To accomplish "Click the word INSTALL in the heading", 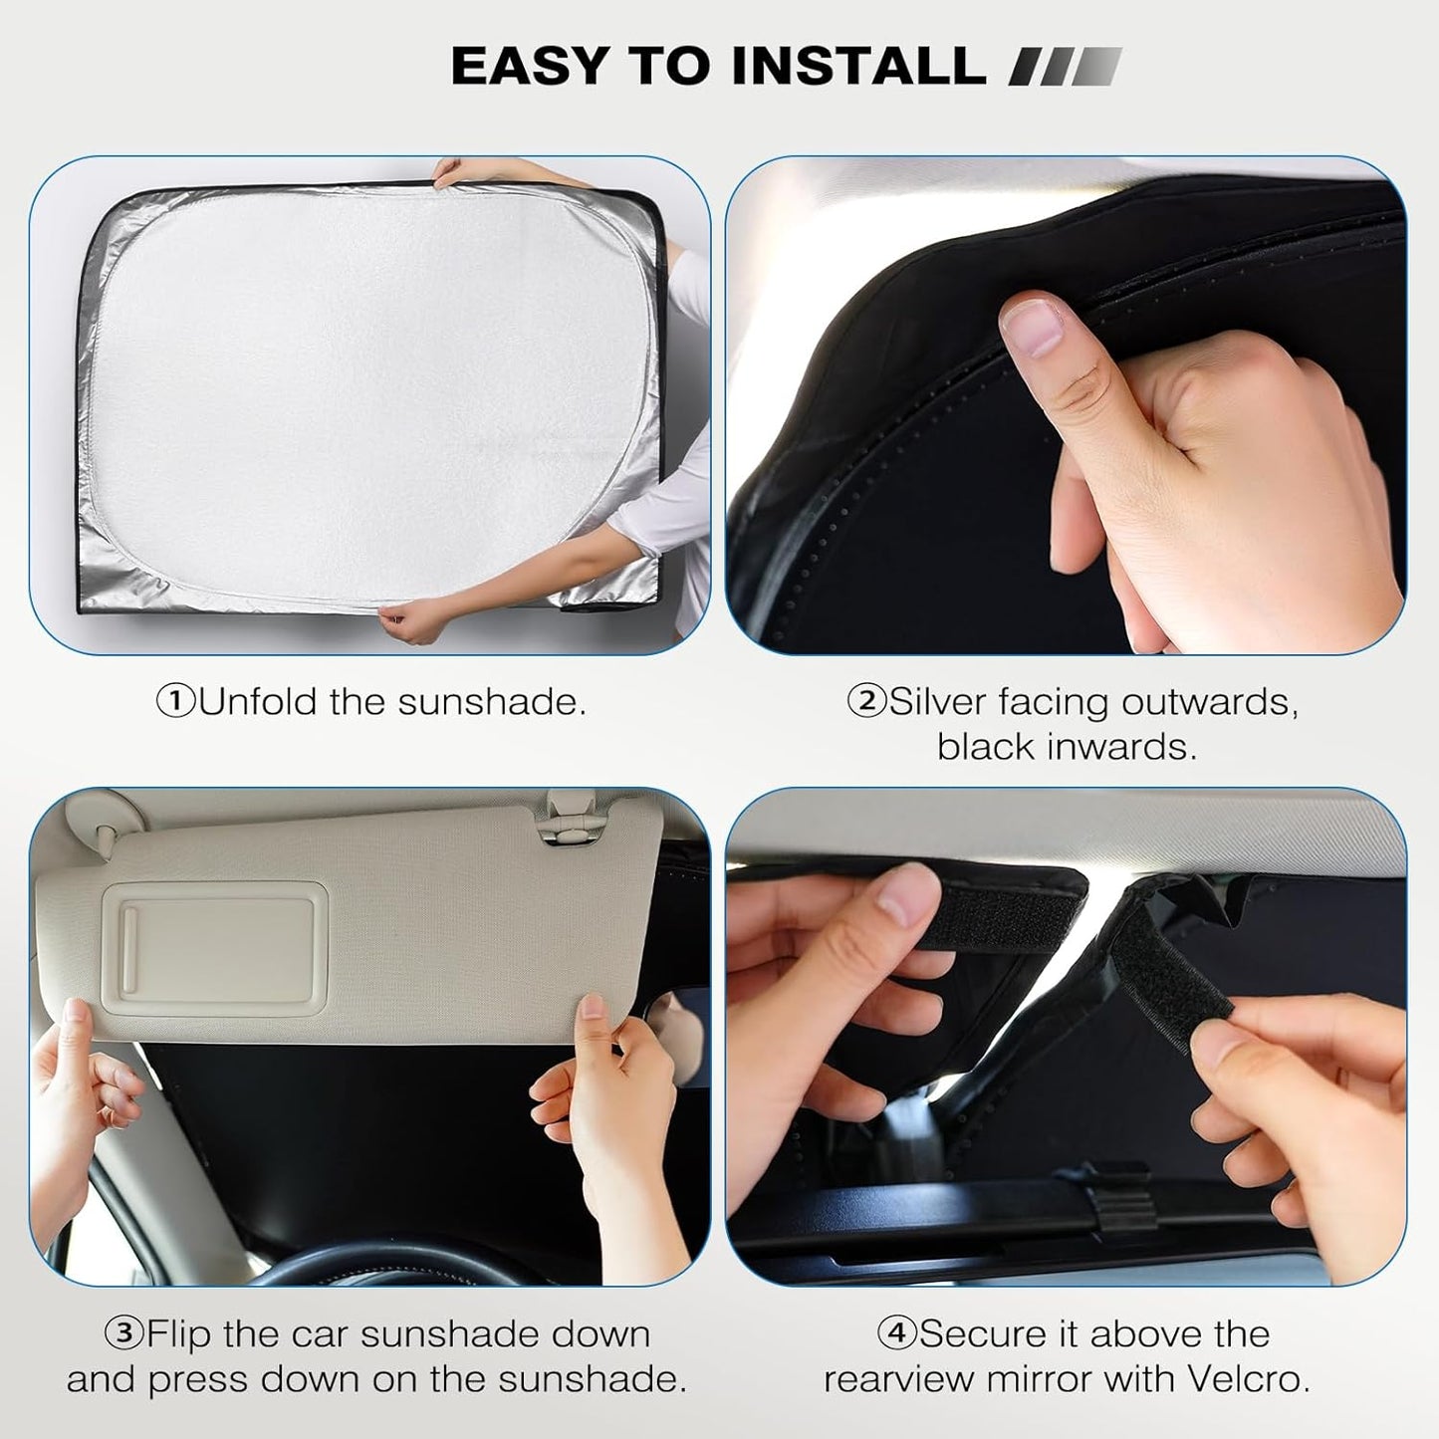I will coord(857,66).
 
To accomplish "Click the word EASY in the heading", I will coord(530,66).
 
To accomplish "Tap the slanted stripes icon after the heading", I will coord(1065,67).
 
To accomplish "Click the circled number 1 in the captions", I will coord(176,702).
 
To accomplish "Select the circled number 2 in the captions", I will coord(865,702).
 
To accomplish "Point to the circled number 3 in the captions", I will coord(123,1333).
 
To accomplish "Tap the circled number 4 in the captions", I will coord(896,1333).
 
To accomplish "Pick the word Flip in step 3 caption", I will coord(179,1333).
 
